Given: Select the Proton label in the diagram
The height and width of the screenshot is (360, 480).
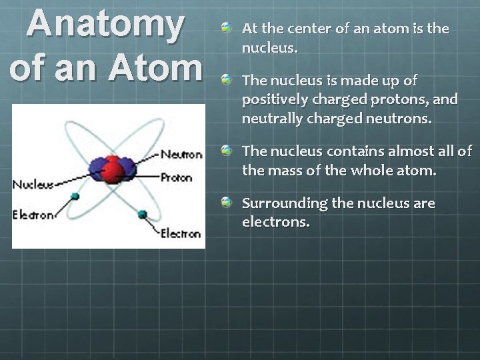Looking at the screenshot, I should [x=176, y=177].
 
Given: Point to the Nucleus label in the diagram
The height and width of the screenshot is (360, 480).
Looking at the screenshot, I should [x=33, y=184].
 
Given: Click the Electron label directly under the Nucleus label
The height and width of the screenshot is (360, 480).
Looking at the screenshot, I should [x=33, y=215].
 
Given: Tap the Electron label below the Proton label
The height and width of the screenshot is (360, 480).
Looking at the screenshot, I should [x=180, y=233].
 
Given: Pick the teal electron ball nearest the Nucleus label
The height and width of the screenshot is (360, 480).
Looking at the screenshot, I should [x=75, y=196].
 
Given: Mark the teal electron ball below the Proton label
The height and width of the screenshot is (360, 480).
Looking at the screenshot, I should [x=142, y=214].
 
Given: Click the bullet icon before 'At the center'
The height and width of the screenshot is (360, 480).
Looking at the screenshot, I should [x=227, y=29].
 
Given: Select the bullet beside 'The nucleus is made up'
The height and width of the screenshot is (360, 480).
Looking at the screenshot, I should [x=227, y=81].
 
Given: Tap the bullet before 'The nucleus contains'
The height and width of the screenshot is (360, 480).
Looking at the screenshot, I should [x=227, y=151].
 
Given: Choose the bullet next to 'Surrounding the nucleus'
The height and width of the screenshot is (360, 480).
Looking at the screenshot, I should [x=227, y=203].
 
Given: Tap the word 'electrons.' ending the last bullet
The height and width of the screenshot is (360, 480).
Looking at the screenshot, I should [x=276, y=223].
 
